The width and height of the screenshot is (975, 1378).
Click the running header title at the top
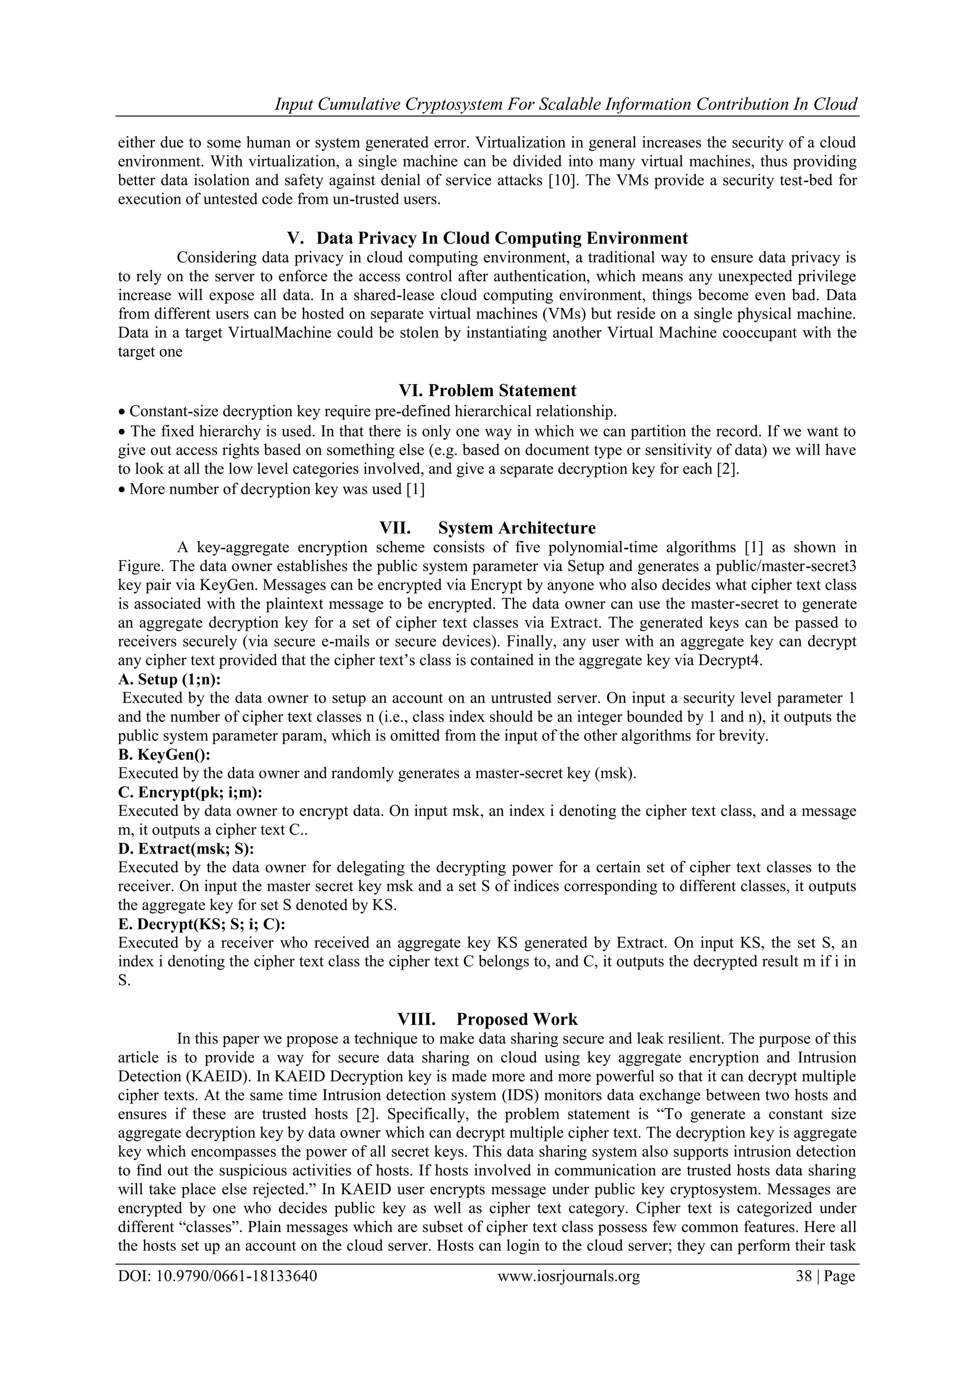[566, 104]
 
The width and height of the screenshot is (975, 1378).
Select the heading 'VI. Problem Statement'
[487, 391]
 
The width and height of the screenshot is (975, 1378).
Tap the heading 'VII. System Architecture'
[487, 528]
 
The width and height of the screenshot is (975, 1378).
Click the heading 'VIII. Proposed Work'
[487, 1019]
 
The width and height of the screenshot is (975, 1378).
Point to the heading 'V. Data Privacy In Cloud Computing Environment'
[487, 238]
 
